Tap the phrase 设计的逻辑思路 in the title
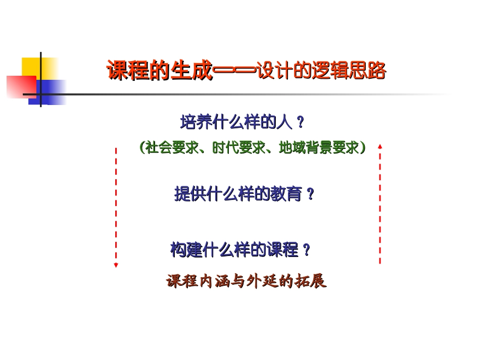point(321,71)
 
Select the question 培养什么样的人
point(236,122)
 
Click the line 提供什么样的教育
point(238,194)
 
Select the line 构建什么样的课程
point(234,250)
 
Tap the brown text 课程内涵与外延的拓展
point(247,281)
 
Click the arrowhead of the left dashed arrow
point(116,265)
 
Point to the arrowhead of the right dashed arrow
point(380,146)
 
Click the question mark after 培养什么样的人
point(300,123)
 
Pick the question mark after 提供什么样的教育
point(311,194)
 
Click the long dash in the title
point(234,71)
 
